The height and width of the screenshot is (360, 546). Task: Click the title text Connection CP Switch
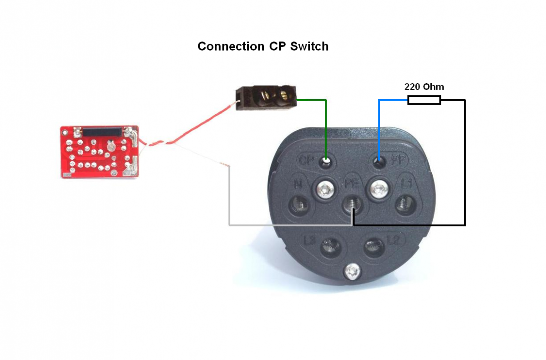(263, 46)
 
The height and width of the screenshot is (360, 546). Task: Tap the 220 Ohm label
(424, 86)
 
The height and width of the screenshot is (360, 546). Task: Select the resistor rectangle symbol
(424, 100)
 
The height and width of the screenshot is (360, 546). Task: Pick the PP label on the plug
(399, 161)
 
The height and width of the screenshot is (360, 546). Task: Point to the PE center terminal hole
(351, 208)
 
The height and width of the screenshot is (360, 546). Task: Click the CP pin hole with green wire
(326, 161)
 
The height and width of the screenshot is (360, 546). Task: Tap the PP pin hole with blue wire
(379, 161)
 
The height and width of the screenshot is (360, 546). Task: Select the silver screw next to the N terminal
(325, 188)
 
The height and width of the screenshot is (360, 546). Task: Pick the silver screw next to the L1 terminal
(378, 188)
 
